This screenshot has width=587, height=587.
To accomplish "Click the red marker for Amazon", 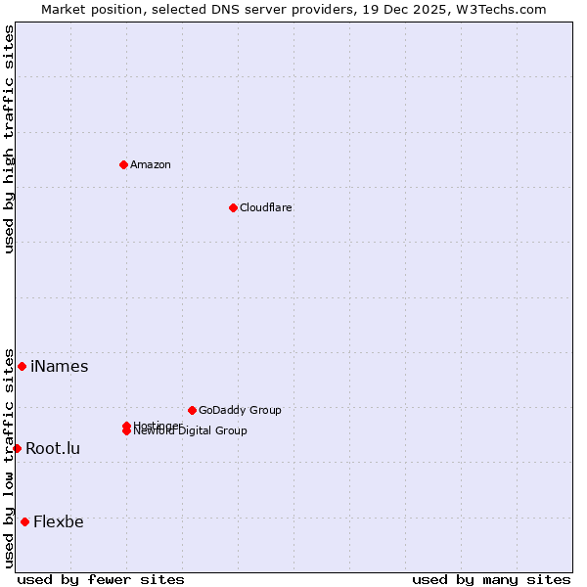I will click(x=123, y=164).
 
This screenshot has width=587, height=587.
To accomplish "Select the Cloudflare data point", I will click(x=233, y=207).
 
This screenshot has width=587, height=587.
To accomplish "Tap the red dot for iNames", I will click(x=22, y=366).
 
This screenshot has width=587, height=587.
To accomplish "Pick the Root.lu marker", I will click(x=17, y=448).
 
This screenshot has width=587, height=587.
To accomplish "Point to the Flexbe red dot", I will click(x=24, y=521).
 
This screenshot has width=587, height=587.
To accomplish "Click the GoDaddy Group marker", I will click(x=192, y=410).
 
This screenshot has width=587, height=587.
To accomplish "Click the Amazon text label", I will click(x=151, y=164).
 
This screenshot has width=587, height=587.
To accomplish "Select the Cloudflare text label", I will click(x=266, y=207).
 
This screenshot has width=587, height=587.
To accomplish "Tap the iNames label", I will click(x=60, y=367).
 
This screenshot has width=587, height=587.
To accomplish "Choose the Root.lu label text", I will click(x=53, y=449).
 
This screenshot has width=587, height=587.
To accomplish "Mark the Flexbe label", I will click(x=59, y=522).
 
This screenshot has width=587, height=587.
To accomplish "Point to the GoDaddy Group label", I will click(x=240, y=410).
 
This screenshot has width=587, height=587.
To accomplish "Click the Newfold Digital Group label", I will click(x=192, y=431).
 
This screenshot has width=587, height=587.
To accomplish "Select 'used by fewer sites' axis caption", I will click(x=101, y=579).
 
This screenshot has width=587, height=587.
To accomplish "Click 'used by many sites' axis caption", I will click(x=491, y=579).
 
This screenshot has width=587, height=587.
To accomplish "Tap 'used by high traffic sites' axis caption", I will click(x=10, y=139).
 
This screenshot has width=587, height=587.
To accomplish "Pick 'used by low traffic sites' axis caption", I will click(x=10, y=457).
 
